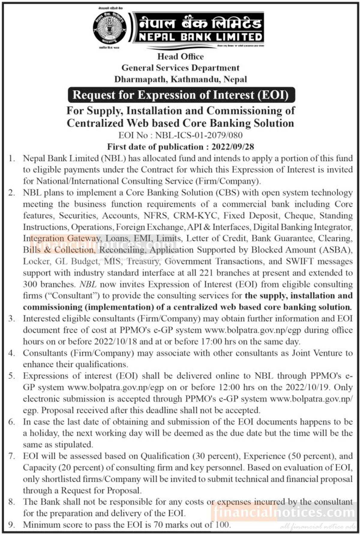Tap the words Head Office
click(x=180, y=56)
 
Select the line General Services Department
click(x=180, y=68)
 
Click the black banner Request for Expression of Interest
click(x=181, y=95)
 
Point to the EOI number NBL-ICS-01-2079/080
click(x=199, y=135)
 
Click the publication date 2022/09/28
click(x=233, y=147)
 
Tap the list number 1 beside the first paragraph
click(x=12, y=158)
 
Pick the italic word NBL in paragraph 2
click(x=90, y=284)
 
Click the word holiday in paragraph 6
click(x=37, y=433)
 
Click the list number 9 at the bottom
click(x=12, y=525)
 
